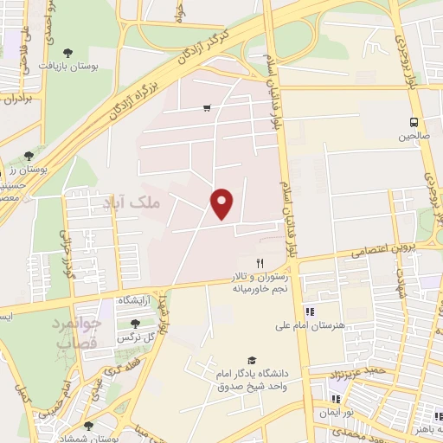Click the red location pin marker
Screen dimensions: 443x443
(x=222, y=204)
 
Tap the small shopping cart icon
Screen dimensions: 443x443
(x=207, y=108)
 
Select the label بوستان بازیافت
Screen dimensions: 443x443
(x=96, y=65)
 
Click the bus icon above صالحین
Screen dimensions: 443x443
(x=414, y=121)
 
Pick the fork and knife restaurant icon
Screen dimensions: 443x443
(x=258, y=262)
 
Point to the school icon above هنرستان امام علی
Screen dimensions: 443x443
(x=310, y=311)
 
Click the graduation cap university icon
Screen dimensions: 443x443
(x=252, y=361)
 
